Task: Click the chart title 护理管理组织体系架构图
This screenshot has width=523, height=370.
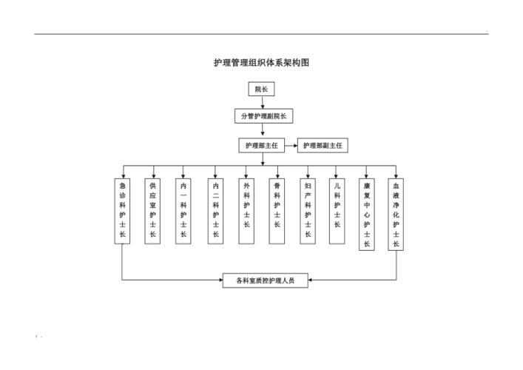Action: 261,63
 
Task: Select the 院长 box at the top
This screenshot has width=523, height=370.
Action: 261,89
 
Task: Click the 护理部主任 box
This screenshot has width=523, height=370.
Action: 261,146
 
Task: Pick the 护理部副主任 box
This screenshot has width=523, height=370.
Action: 323,146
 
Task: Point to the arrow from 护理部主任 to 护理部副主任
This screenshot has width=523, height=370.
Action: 291,146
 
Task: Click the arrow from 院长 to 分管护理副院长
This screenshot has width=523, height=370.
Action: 262,102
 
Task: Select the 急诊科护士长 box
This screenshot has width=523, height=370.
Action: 122,211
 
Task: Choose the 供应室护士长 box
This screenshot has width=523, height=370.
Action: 153,211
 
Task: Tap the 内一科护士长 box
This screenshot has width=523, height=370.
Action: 183,211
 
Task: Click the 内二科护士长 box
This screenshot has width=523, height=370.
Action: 215,211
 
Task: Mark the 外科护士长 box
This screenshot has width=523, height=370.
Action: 246,211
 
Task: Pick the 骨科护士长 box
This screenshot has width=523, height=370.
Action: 277,211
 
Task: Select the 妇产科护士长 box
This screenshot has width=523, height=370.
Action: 307,211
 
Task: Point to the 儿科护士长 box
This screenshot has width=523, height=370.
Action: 337,211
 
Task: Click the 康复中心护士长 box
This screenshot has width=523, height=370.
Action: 366,214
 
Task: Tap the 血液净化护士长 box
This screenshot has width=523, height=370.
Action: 396,214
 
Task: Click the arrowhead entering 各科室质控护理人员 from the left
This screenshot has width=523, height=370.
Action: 220,280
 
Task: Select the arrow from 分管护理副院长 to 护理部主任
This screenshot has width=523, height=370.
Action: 262,131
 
